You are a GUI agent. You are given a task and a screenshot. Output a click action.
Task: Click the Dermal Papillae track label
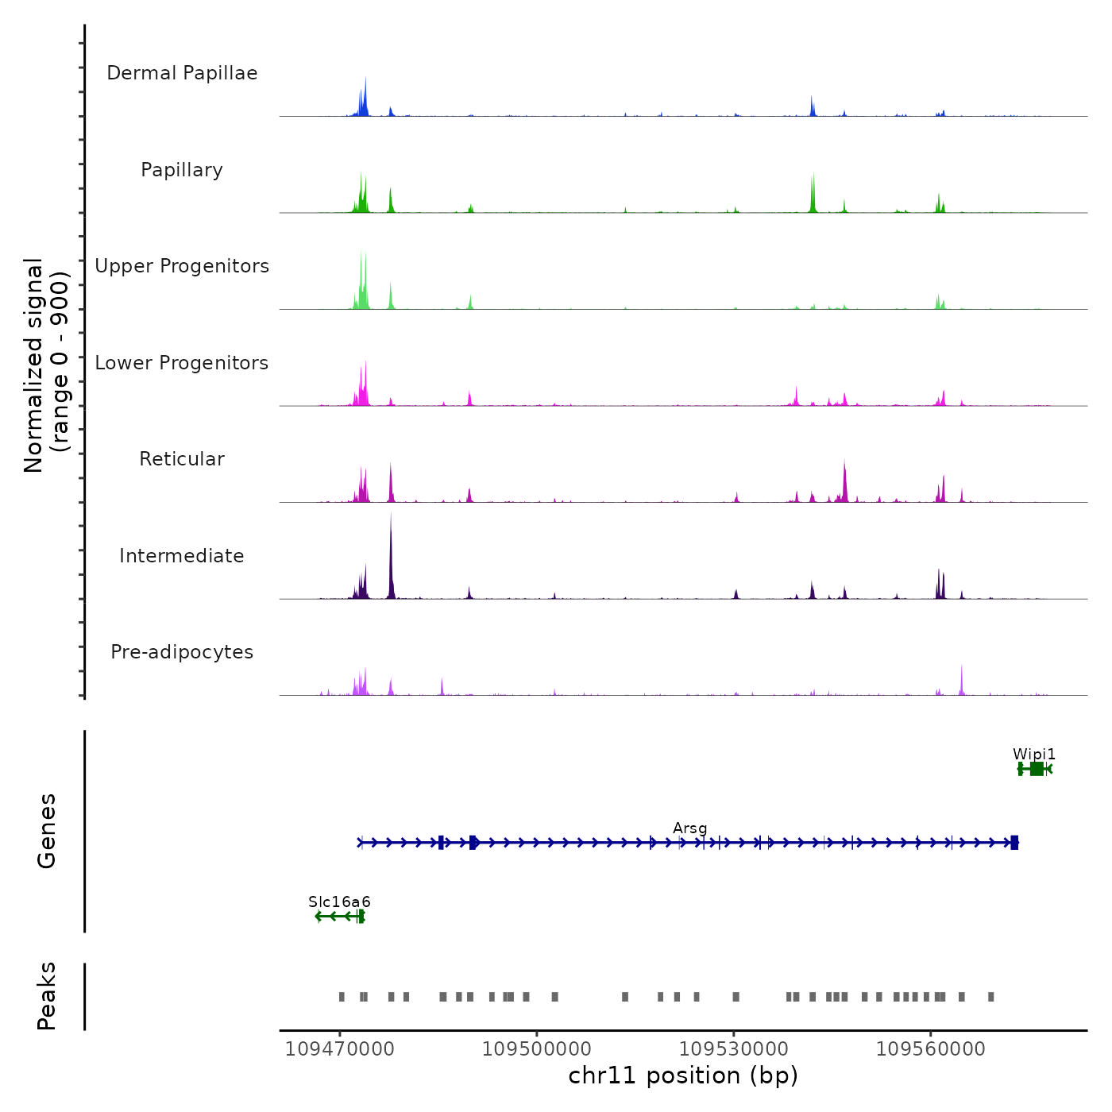tap(182, 73)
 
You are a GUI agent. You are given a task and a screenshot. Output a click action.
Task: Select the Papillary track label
tap(182, 170)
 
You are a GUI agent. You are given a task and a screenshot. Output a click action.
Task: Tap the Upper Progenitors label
tap(182, 266)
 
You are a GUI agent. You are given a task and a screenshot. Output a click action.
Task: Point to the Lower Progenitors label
tap(182, 363)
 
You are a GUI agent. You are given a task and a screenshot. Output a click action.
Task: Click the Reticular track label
tap(182, 459)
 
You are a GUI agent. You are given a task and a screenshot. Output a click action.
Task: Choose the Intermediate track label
tap(182, 556)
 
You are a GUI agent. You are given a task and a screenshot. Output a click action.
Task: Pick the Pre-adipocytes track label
tap(182, 652)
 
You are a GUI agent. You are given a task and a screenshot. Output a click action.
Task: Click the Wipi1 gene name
tap(1034, 754)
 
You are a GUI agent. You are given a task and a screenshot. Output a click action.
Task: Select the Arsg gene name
tap(689, 828)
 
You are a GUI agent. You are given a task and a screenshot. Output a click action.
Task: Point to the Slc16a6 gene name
tap(339, 902)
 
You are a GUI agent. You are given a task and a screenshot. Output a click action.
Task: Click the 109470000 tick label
tap(339, 1049)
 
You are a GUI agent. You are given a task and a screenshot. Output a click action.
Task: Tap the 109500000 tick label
tap(536, 1049)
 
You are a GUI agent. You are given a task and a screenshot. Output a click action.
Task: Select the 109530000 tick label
tap(733, 1049)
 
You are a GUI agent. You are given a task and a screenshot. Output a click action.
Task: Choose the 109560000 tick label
tap(930, 1049)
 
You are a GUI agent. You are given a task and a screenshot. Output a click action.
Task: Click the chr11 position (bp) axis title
tap(683, 1075)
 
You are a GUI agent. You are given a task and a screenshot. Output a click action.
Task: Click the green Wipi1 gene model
tap(1036, 769)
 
